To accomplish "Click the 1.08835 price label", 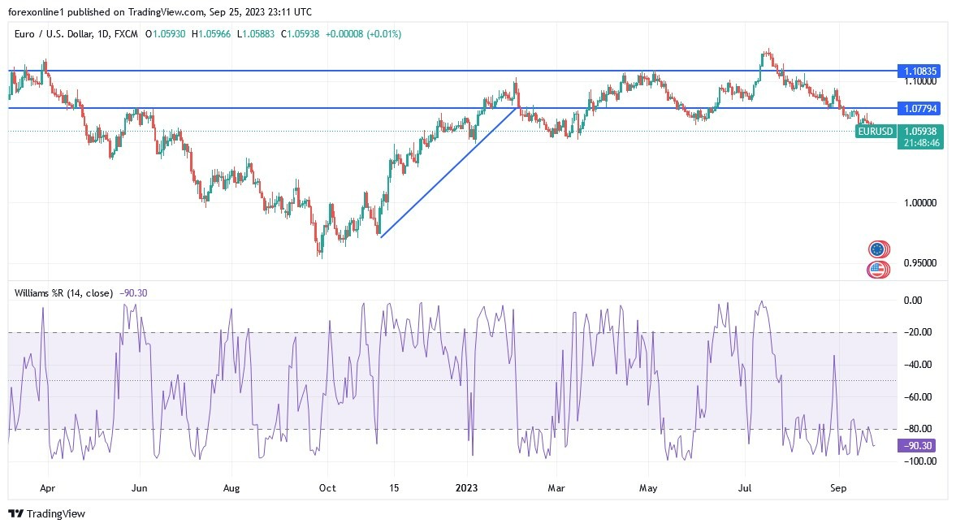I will click(921, 71).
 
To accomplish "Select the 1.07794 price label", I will click(921, 108).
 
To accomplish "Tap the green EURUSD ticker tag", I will click(876, 131).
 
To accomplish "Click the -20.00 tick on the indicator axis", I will click(918, 332).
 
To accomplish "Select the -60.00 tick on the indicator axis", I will click(918, 396).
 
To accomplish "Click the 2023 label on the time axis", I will click(467, 488).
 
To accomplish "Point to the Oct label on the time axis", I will click(327, 488).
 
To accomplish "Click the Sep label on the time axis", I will click(839, 488).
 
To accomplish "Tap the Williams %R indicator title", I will click(61, 292).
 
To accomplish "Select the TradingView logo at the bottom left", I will click(46, 513).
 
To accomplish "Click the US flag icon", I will click(877, 270).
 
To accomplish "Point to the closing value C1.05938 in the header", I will click(301, 34).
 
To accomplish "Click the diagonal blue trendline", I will click(449, 171).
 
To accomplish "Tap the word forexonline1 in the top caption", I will click(36, 11).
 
